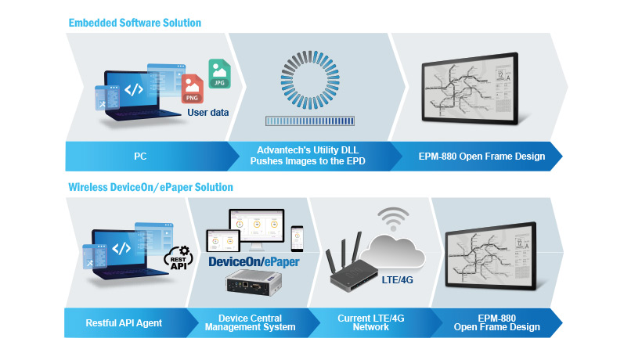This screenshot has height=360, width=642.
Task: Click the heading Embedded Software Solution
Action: point(134,23)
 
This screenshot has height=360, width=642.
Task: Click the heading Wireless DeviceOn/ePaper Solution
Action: point(150,188)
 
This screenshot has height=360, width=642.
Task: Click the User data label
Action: point(207,113)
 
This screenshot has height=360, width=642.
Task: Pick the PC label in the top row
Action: point(140,157)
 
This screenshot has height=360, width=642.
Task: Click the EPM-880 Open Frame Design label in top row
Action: point(480,157)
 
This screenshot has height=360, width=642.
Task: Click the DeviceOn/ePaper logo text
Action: point(254,261)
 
